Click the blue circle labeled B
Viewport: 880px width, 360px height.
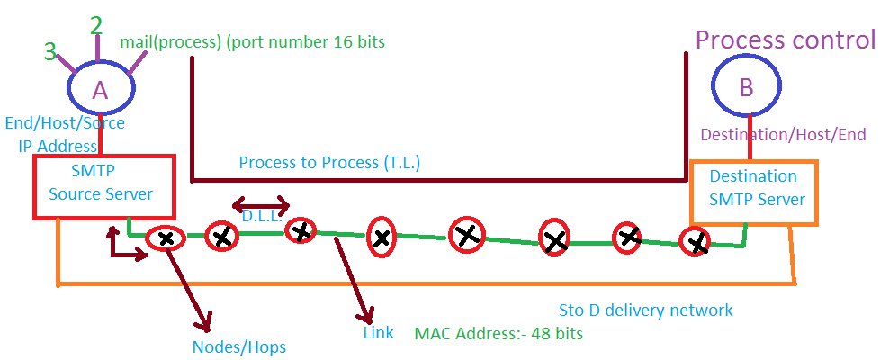(747, 87)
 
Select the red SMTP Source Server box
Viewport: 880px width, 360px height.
(101, 185)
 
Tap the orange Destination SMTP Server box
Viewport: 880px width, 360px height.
(753, 192)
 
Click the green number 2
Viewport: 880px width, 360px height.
(96, 25)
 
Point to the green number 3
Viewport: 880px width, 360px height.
(50, 51)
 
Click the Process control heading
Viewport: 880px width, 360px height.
(785, 40)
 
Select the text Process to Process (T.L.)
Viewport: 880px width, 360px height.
(329, 163)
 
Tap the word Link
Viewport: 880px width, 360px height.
(378, 332)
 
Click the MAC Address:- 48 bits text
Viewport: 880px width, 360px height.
(498, 333)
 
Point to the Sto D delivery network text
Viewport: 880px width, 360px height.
(646, 310)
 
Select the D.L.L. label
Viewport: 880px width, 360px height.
(262, 216)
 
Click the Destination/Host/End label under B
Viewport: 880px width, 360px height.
(783, 135)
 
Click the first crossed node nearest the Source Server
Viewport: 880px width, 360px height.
(166, 238)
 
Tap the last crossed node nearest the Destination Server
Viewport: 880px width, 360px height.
(695, 241)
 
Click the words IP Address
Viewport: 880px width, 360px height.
(58, 146)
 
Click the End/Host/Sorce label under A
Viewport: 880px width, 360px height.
(65, 123)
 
